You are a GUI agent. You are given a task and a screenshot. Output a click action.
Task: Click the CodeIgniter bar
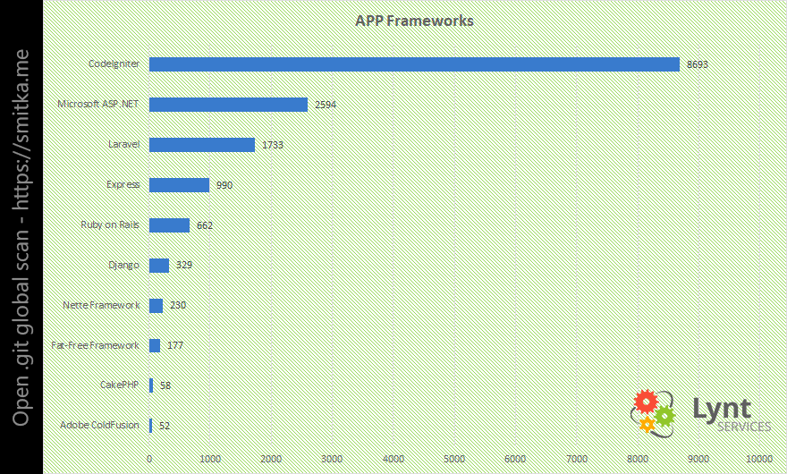coord(414,64)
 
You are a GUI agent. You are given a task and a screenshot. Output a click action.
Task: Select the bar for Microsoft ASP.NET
coord(228,105)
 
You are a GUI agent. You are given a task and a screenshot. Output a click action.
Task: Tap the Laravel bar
coord(202,145)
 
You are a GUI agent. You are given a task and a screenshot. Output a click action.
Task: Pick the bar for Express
coord(179,185)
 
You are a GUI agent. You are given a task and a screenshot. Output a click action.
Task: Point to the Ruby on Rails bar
coord(169,225)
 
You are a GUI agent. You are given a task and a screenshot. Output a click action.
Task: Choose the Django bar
coord(159,266)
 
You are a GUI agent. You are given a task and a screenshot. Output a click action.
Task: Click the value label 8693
coord(698,65)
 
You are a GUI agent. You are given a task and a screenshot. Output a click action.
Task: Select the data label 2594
coord(326,106)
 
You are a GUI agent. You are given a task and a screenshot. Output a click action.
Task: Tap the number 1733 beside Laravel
coord(273,146)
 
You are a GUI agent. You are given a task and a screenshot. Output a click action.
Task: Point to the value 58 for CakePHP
coord(165,386)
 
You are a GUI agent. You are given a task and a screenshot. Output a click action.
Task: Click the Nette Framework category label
coord(101,306)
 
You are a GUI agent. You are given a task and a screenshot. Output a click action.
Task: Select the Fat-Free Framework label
coord(96,346)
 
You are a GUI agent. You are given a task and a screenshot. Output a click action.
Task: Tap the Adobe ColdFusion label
coord(99,426)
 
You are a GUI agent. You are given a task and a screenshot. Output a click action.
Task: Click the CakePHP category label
coord(120,385)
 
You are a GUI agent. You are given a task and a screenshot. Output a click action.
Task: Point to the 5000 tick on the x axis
coord(454,459)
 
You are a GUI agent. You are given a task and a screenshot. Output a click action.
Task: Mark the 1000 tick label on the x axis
coord(210,459)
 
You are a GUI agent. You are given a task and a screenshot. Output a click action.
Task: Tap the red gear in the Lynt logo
coord(645,402)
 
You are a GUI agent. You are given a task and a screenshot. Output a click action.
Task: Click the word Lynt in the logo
coord(722,409)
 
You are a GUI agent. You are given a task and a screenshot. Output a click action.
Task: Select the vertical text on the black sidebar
coord(21,237)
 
